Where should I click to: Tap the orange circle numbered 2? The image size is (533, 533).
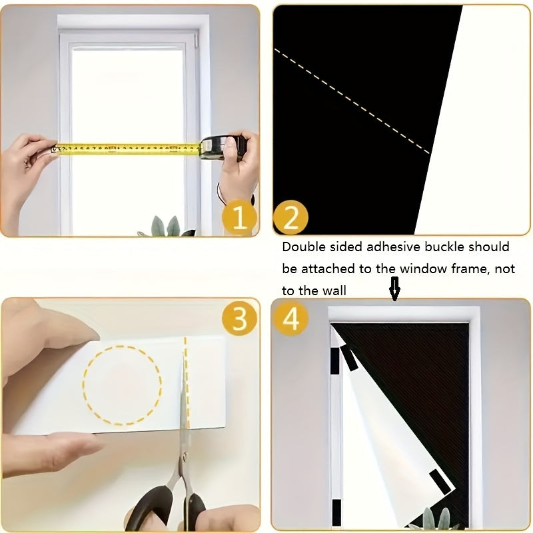coord(290,217)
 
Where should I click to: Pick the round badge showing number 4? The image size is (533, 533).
coord(290,319)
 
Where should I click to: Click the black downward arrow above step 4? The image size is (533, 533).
coord(394,290)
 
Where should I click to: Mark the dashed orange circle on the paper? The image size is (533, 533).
coord(122,384)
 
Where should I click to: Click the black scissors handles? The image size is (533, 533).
coord(167,506)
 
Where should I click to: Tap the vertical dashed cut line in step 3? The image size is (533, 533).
coord(186,380)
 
